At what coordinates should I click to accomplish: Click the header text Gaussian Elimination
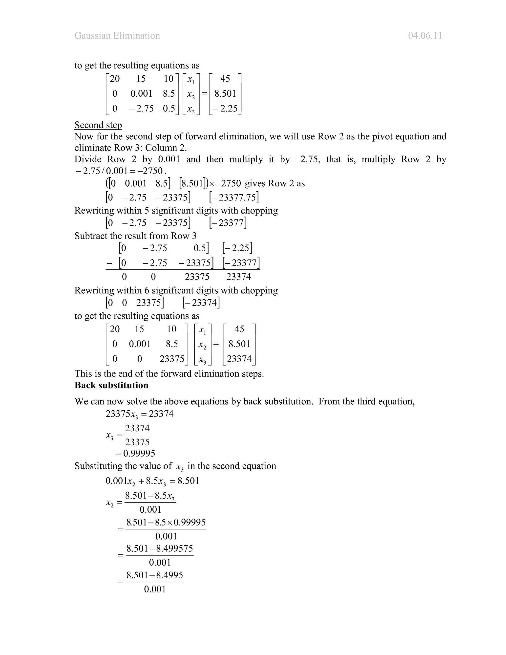117,36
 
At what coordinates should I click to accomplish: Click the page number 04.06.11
425,36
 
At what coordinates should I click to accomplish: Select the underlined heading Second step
98,125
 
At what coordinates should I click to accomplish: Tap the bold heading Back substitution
111,385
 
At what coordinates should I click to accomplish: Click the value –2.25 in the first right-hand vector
225,108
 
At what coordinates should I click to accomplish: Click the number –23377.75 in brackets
234,197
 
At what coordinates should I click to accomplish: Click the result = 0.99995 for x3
135,453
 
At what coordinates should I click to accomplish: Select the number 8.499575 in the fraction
174,548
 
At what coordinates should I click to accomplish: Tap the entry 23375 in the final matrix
172,359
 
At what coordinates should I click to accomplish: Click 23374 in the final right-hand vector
239,359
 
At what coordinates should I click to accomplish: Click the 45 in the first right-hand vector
225,79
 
